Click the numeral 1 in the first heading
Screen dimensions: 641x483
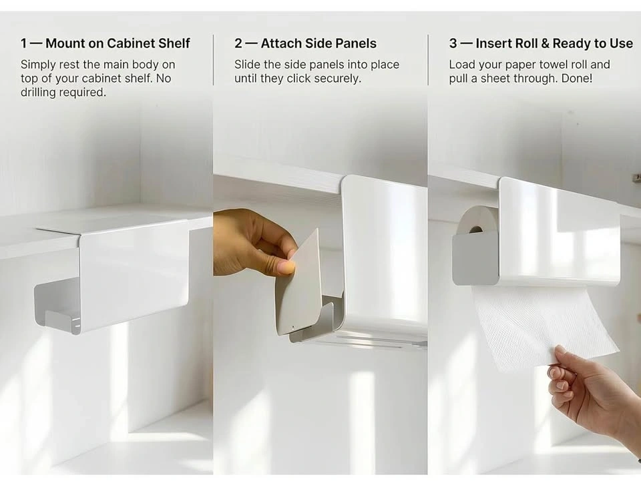pos(24,43)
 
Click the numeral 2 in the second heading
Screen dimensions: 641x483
pos(238,43)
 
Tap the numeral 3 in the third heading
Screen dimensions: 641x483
pos(453,43)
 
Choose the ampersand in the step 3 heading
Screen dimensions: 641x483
pos(546,43)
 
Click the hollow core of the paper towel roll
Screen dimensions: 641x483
pos(475,229)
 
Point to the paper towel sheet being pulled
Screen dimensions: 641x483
pos(544,327)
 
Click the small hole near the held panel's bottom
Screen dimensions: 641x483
pos(293,327)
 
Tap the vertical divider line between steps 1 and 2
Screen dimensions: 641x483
pos(214,60)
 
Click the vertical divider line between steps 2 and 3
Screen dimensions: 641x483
pos(428,60)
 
